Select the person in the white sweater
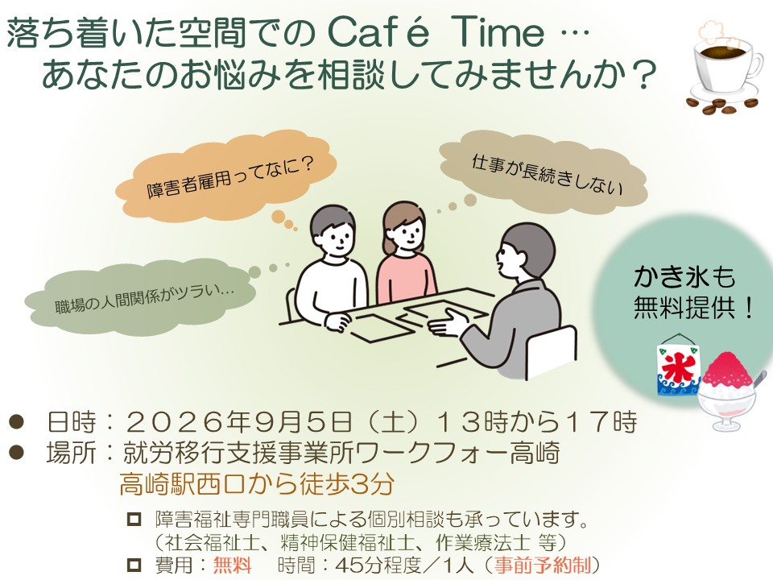(329, 271)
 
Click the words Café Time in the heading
(436, 32)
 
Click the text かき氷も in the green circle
(684, 276)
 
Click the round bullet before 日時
(17, 422)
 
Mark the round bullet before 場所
(17, 453)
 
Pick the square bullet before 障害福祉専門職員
(134, 520)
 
